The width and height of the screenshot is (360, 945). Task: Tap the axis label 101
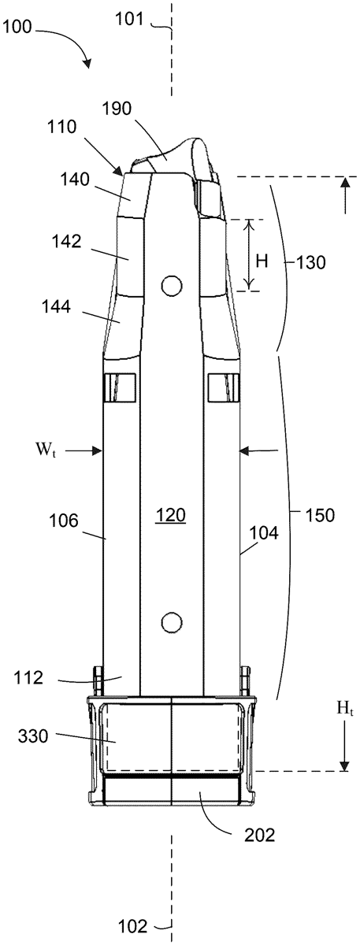[x=131, y=20]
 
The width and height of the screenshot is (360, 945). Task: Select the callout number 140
[x=74, y=180]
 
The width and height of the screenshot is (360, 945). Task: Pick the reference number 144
[x=56, y=306]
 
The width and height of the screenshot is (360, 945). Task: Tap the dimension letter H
[x=262, y=261]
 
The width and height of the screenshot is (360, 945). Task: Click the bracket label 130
[x=310, y=263]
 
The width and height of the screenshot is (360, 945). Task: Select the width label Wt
[x=45, y=450]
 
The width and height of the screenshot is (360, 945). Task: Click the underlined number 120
[x=170, y=516]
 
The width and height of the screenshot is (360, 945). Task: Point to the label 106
[x=63, y=521]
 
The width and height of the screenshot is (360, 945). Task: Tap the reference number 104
[x=264, y=533]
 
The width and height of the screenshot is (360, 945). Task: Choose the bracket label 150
[x=319, y=515]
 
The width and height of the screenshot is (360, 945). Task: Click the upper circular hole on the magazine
[x=172, y=286]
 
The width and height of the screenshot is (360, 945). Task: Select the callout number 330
[x=33, y=736]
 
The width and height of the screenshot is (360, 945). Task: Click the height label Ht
[x=345, y=708]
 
